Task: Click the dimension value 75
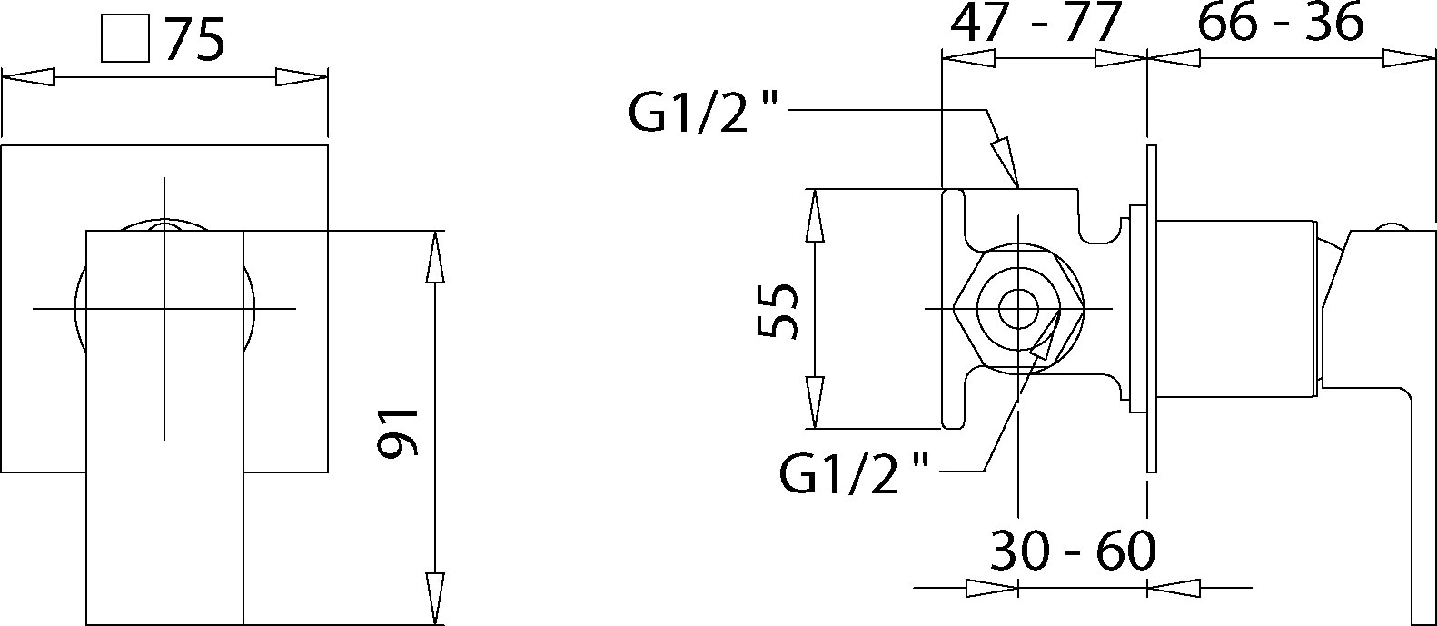coord(194,41)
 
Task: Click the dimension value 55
coord(778,310)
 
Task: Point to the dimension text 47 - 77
coord(1033,24)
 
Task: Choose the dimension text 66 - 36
coord(1280,24)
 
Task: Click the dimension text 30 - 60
coord(1072,551)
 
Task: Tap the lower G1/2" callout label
coord(855,472)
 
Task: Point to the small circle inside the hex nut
coord(1018,309)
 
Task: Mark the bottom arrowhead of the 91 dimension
coord(436,600)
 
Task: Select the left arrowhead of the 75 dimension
coord(27,77)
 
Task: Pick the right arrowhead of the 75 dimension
coord(301,77)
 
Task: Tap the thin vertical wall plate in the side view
coord(1152,309)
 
